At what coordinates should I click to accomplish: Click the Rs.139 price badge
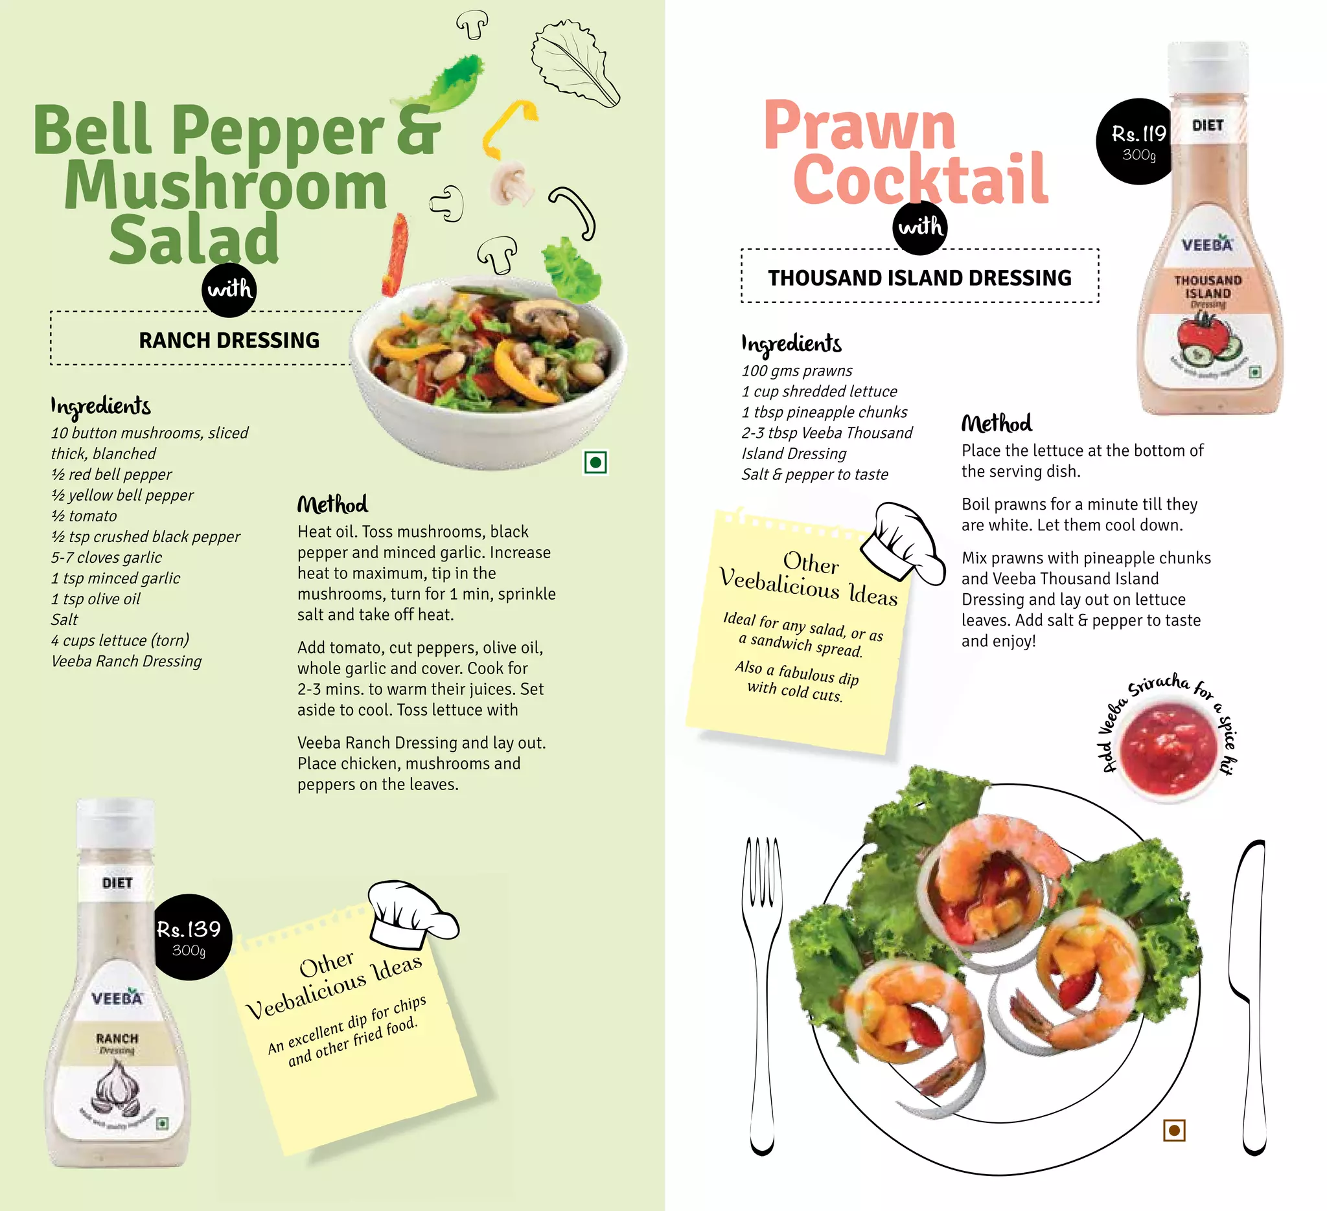pos(190,936)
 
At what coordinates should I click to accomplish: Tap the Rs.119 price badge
pos(1137,142)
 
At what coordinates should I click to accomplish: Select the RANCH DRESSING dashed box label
pos(229,340)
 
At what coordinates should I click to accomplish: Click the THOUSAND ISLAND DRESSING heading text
pos(919,278)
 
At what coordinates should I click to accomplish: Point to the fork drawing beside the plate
pos(762,987)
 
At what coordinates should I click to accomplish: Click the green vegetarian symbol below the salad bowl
pos(595,462)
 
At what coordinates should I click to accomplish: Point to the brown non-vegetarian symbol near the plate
pos(1174,1130)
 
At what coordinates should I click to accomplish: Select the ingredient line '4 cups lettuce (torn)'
pos(120,640)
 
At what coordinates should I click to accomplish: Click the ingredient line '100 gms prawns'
pos(796,371)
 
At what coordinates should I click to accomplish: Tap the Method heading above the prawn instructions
pos(997,424)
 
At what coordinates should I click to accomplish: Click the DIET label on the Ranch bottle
pos(117,883)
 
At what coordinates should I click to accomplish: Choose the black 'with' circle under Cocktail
pos(920,227)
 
